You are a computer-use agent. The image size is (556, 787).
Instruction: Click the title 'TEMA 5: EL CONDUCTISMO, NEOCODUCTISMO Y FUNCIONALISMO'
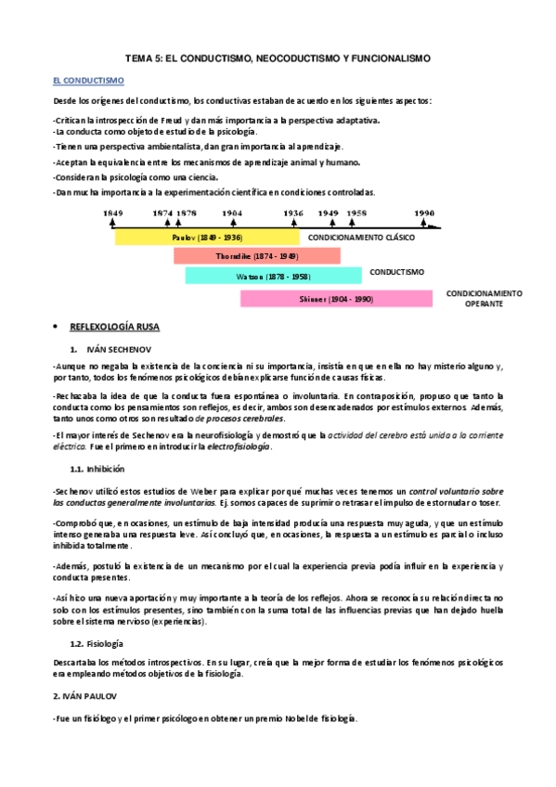pyautogui.click(x=278, y=58)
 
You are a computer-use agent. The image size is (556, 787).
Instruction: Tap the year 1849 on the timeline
pyautogui.click(x=113, y=213)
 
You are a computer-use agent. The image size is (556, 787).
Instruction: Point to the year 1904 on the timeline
pyautogui.click(x=233, y=213)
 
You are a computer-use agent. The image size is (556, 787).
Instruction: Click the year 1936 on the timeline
pyautogui.click(x=293, y=213)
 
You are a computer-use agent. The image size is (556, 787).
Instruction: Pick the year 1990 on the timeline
pyautogui.click(x=426, y=213)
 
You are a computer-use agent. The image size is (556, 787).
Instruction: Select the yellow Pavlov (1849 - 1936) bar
pyautogui.click(x=207, y=237)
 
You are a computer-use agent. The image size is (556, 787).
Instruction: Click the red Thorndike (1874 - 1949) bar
pyautogui.click(x=256, y=256)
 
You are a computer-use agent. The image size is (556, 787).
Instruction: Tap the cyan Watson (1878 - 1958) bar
pyautogui.click(x=274, y=277)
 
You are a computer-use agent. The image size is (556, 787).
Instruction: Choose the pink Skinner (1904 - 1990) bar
pyautogui.click(x=336, y=299)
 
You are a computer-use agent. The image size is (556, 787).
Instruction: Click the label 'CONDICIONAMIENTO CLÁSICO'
pyautogui.click(x=362, y=238)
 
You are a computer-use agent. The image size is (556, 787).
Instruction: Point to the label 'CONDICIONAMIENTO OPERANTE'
pyautogui.click(x=484, y=298)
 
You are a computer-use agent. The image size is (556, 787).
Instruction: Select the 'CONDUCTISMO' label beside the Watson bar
pyautogui.click(x=396, y=273)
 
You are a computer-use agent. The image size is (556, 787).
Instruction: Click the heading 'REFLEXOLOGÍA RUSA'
pyautogui.click(x=122, y=327)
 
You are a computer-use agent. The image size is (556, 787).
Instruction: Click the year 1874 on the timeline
pyautogui.click(x=163, y=213)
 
